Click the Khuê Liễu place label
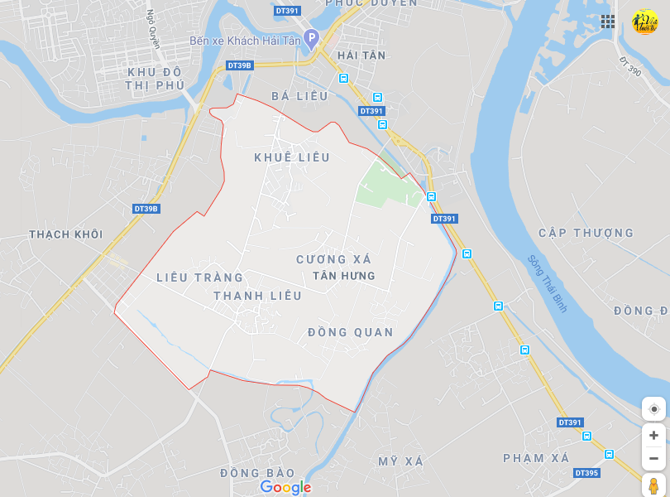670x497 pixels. [x=292, y=157]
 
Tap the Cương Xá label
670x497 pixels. [x=334, y=259]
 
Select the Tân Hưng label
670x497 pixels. [x=344, y=276]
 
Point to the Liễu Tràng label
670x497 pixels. [x=200, y=277]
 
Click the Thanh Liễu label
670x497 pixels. [x=257, y=296]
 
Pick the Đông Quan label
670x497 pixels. [x=351, y=332]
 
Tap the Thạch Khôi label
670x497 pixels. [x=66, y=234]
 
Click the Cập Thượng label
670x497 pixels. [x=586, y=233]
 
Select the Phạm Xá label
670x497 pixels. [x=536, y=458]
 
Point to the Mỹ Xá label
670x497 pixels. [x=400, y=461]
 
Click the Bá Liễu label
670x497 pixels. [x=299, y=96]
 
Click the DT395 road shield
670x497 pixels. [x=586, y=473]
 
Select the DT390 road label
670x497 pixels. [x=629, y=66]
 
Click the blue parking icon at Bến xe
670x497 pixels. [x=311, y=37]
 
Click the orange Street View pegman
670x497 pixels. [x=653, y=485]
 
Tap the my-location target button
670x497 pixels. [x=653, y=408]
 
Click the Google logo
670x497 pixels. [x=285, y=487]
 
